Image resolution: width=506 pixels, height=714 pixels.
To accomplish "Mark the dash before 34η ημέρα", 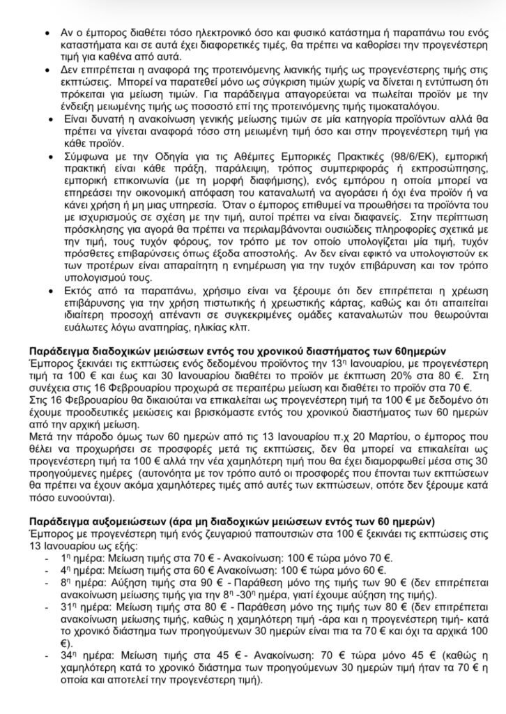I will point(47,655).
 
